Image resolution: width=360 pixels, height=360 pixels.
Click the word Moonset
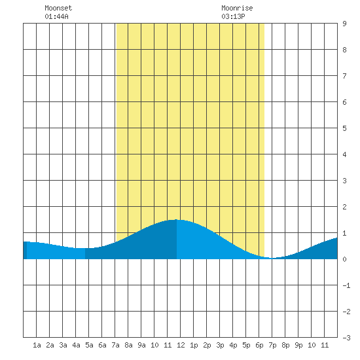click(58, 8)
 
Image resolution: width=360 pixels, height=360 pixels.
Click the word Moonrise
click(237, 8)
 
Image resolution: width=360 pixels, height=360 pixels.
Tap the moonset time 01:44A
click(56, 16)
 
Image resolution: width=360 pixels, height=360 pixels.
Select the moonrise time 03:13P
click(233, 16)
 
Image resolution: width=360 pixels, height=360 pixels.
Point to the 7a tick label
click(115, 345)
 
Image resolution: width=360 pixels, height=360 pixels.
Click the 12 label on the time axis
click(181, 345)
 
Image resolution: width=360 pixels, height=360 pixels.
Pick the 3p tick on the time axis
click(220, 345)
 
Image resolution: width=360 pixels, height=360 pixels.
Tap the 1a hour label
click(37, 345)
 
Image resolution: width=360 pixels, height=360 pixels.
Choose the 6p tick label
click(259, 345)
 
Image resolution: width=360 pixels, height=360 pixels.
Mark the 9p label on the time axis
click(298, 345)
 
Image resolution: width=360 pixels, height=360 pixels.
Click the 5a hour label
click(89, 345)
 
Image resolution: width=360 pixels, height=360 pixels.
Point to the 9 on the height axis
click(344, 24)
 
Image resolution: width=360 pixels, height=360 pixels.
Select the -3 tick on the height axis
click(346, 338)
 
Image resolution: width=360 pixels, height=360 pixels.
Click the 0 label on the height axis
click(344, 259)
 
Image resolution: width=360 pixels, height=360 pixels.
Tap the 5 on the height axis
click(344, 128)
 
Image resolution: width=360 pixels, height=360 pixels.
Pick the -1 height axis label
click(346, 285)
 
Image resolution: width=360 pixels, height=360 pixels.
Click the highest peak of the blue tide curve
click(176, 220)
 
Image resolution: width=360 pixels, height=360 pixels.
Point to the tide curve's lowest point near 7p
click(272, 259)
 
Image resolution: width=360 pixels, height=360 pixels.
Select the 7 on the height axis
click(344, 76)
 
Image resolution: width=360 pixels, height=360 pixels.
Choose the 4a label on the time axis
click(76, 345)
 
